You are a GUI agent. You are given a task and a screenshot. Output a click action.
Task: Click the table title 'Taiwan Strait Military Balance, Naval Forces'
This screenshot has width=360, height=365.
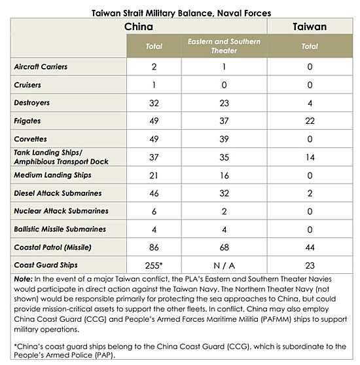pyautogui.click(x=181, y=13)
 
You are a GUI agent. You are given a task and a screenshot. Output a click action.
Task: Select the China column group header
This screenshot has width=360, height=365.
pyautogui.click(x=139, y=26)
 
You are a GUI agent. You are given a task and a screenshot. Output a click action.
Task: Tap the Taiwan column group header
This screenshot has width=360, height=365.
pyautogui.click(x=310, y=26)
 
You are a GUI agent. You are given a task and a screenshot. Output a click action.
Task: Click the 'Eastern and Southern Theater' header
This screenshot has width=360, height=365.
pyautogui.click(x=224, y=46)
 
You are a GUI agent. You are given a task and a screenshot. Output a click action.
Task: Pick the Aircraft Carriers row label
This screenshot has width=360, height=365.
pyautogui.click(x=41, y=67)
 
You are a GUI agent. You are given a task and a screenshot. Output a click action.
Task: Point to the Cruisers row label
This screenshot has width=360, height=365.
pyautogui.click(x=27, y=85)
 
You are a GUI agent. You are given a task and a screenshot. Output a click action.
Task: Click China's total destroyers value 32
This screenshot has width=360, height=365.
pyautogui.click(x=154, y=103)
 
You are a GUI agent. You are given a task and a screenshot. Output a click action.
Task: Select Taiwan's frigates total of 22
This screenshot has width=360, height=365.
pyautogui.click(x=310, y=121)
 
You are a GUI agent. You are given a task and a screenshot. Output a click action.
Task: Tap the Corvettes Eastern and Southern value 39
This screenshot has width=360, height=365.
pyautogui.click(x=224, y=139)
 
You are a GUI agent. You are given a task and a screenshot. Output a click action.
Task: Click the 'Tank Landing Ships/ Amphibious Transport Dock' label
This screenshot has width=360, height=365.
pyautogui.click(x=61, y=157)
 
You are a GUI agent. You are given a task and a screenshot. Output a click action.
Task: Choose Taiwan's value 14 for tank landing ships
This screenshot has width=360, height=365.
pyautogui.click(x=310, y=157)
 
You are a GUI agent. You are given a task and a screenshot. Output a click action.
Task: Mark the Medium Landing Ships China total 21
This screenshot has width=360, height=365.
pyautogui.click(x=154, y=175)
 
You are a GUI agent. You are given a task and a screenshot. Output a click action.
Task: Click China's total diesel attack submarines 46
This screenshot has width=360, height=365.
pyautogui.click(x=154, y=193)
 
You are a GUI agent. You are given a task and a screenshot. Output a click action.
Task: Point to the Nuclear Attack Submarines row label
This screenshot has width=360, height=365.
pyautogui.click(x=61, y=211)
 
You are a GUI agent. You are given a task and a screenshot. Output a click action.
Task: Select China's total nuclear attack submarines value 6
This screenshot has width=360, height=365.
pyautogui.click(x=154, y=212)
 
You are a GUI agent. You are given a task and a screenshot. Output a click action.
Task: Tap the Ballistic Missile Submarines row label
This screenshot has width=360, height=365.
pyautogui.click(x=60, y=229)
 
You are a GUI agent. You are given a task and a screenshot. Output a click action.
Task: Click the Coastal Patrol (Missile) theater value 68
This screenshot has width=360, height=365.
pyautogui.click(x=224, y=247)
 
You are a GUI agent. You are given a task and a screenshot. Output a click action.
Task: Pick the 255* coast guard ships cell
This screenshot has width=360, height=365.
pyautogui.click(x=154, y=265)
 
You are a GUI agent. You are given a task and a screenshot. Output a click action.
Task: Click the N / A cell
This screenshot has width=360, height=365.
pyautogui.click(x=224, y=265)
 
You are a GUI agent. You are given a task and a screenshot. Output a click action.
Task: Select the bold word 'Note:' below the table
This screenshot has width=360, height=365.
pyautogui.click(x=23, y=279)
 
